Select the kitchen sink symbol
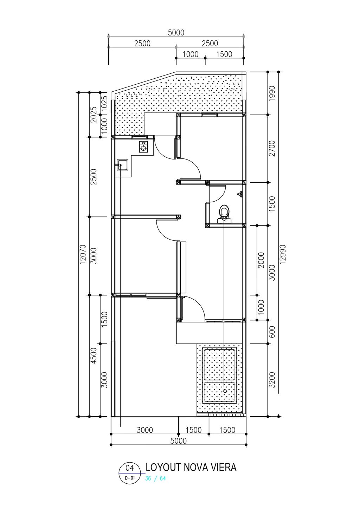tap(122, 165)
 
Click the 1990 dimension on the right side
tap(272, 93)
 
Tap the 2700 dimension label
tap(272, 149)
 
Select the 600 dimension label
tap(272, 332)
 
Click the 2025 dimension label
tap(94, 115)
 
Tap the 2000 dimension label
tap(262, 260)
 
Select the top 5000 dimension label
tap(176, 33)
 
